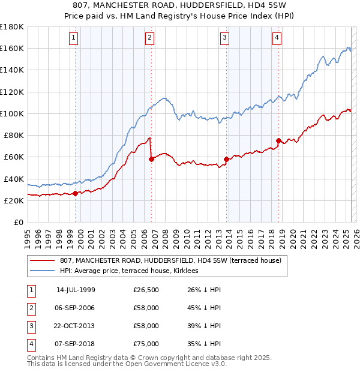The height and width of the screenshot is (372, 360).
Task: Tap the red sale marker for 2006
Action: click(151, 159)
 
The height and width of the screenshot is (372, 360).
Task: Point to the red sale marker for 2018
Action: click(279, 140)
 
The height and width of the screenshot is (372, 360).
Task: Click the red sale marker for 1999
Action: click(75, 193)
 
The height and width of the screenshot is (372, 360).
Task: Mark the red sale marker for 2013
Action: click(226, 159)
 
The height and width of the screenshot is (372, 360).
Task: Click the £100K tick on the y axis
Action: click(12, 113)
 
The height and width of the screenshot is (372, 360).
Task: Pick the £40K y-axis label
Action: click(14, 179)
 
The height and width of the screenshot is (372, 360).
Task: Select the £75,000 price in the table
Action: click(146, 344)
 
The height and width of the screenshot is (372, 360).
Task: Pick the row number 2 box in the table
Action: click(31, 309)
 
